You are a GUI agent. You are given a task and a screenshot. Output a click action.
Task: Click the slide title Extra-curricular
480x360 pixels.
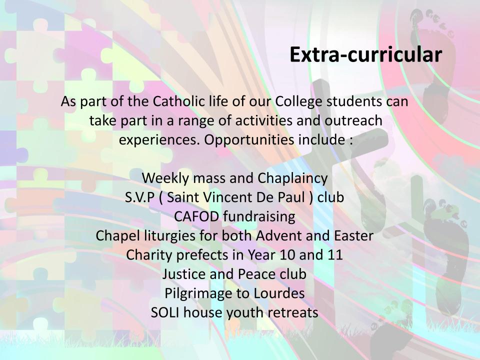(366, 54)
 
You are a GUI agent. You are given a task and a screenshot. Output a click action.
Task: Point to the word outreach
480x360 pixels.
(353, 120)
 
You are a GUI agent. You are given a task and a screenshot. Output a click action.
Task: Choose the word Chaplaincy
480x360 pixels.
(292, 178)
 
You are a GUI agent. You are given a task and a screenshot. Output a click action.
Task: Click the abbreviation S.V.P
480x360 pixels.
(139, 197)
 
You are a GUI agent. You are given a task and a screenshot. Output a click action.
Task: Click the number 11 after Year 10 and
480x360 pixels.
(334, 255)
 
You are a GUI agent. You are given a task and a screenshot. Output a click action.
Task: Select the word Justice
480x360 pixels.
(184, 274)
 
